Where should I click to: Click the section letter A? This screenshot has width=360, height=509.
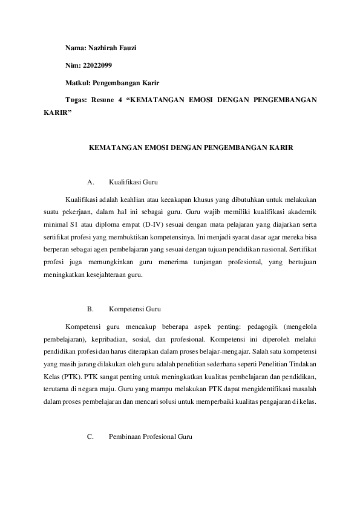click(x=90, y=181)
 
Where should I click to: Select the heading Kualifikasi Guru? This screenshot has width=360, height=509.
click(x=133, y=181)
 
